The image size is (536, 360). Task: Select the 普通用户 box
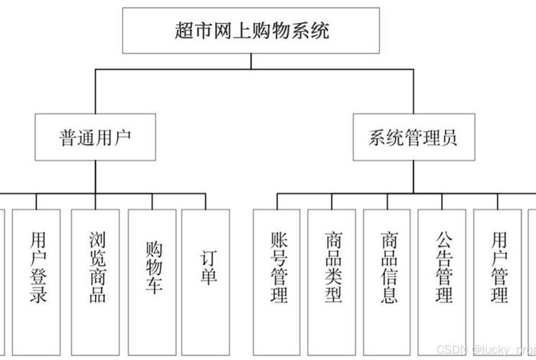click(95, 138)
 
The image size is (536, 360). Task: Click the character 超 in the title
click(182, 31)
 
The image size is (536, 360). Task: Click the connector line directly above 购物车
click(152, 201)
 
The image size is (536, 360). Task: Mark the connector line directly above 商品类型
click(333, 201)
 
